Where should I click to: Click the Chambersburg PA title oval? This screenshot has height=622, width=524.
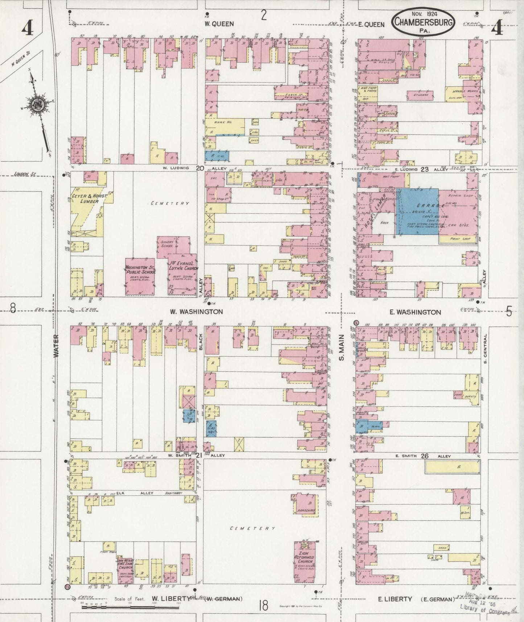[423, 22]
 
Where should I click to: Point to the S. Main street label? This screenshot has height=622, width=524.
[341, 352]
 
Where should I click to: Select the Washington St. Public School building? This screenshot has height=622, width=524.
[140, 275]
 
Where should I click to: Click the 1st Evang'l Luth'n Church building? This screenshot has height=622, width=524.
[183, 274]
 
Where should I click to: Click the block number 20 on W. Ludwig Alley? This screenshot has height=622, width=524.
[199, 168]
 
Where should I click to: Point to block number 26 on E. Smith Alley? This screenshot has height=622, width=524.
[424, 456]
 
